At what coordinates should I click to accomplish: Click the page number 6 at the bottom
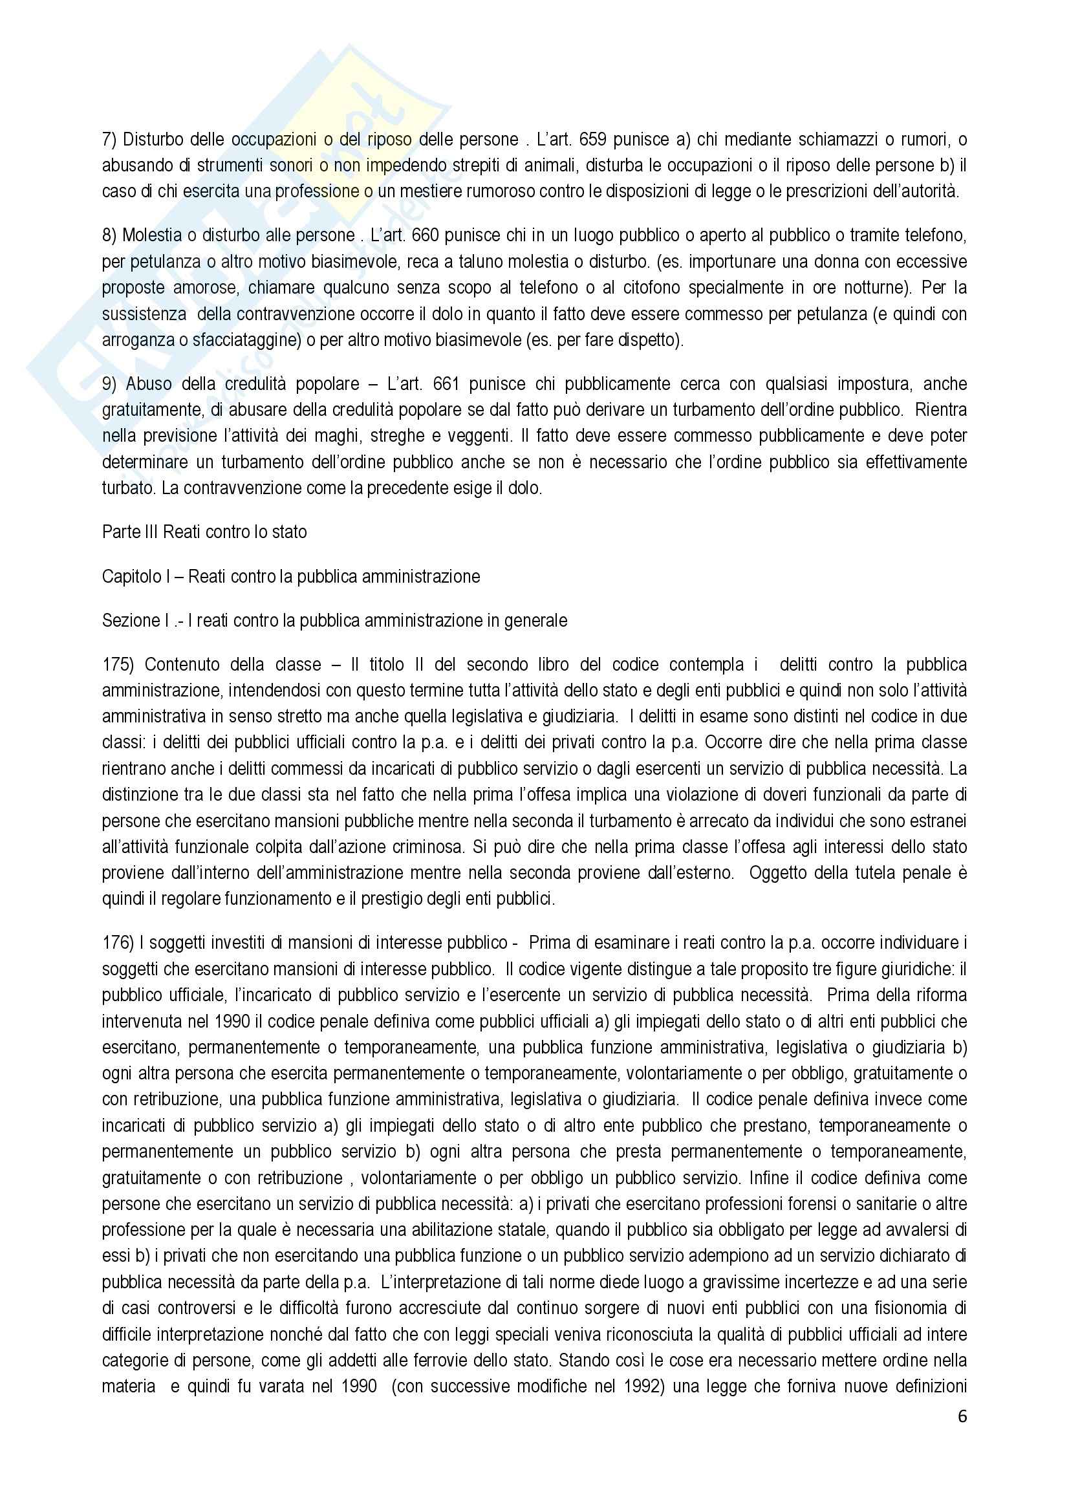[962, 1416]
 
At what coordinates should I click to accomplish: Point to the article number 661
[433, 384]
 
